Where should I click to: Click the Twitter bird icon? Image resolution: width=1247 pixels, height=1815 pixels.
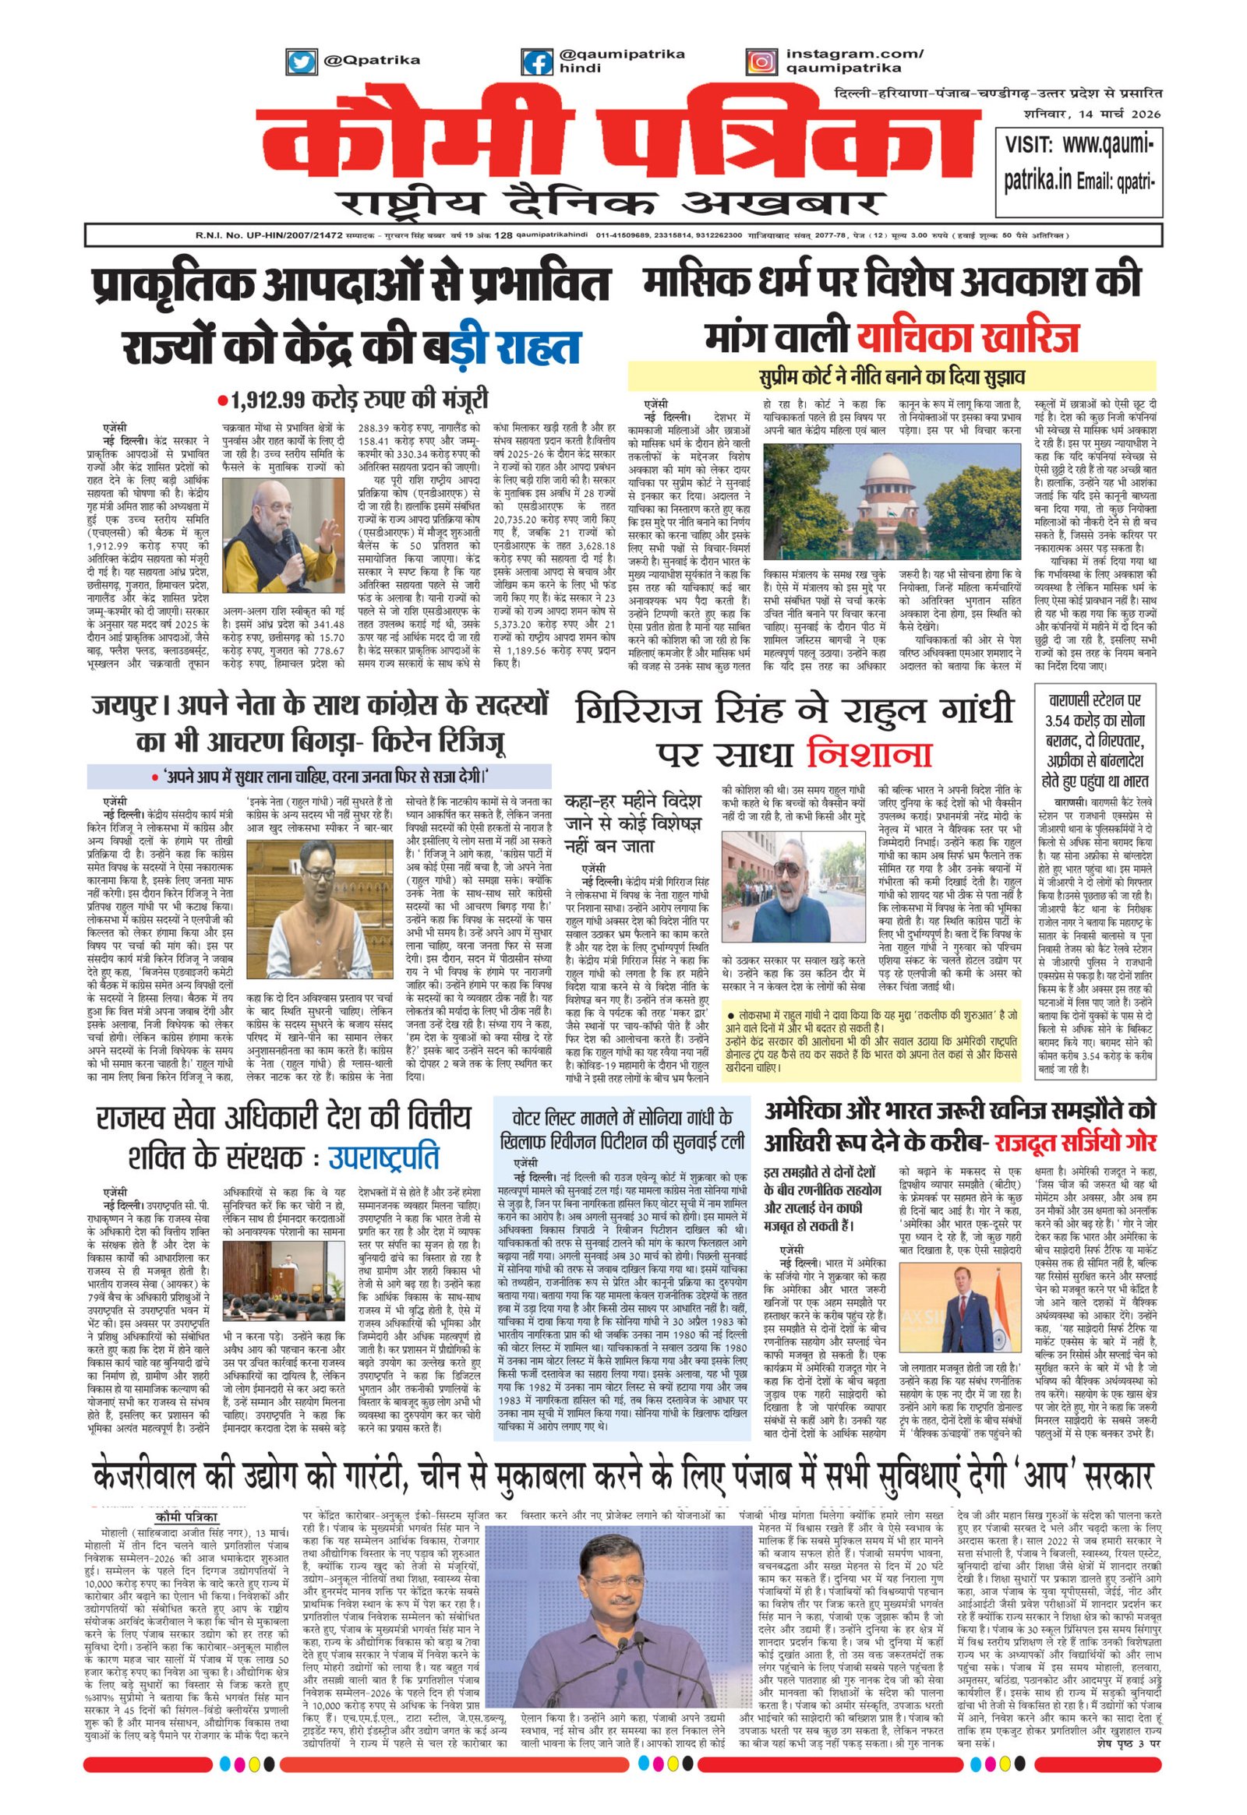pyautogui.click(x=301, y=61)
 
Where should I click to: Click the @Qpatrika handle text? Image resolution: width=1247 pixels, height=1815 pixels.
pyautogui.click(x=371, y=60)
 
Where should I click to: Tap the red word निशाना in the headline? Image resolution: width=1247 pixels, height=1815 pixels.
pyautogui.click(x=869, y=754)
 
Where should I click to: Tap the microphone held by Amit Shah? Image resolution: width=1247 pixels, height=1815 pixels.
pyautogui.click(x=287, y=551)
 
